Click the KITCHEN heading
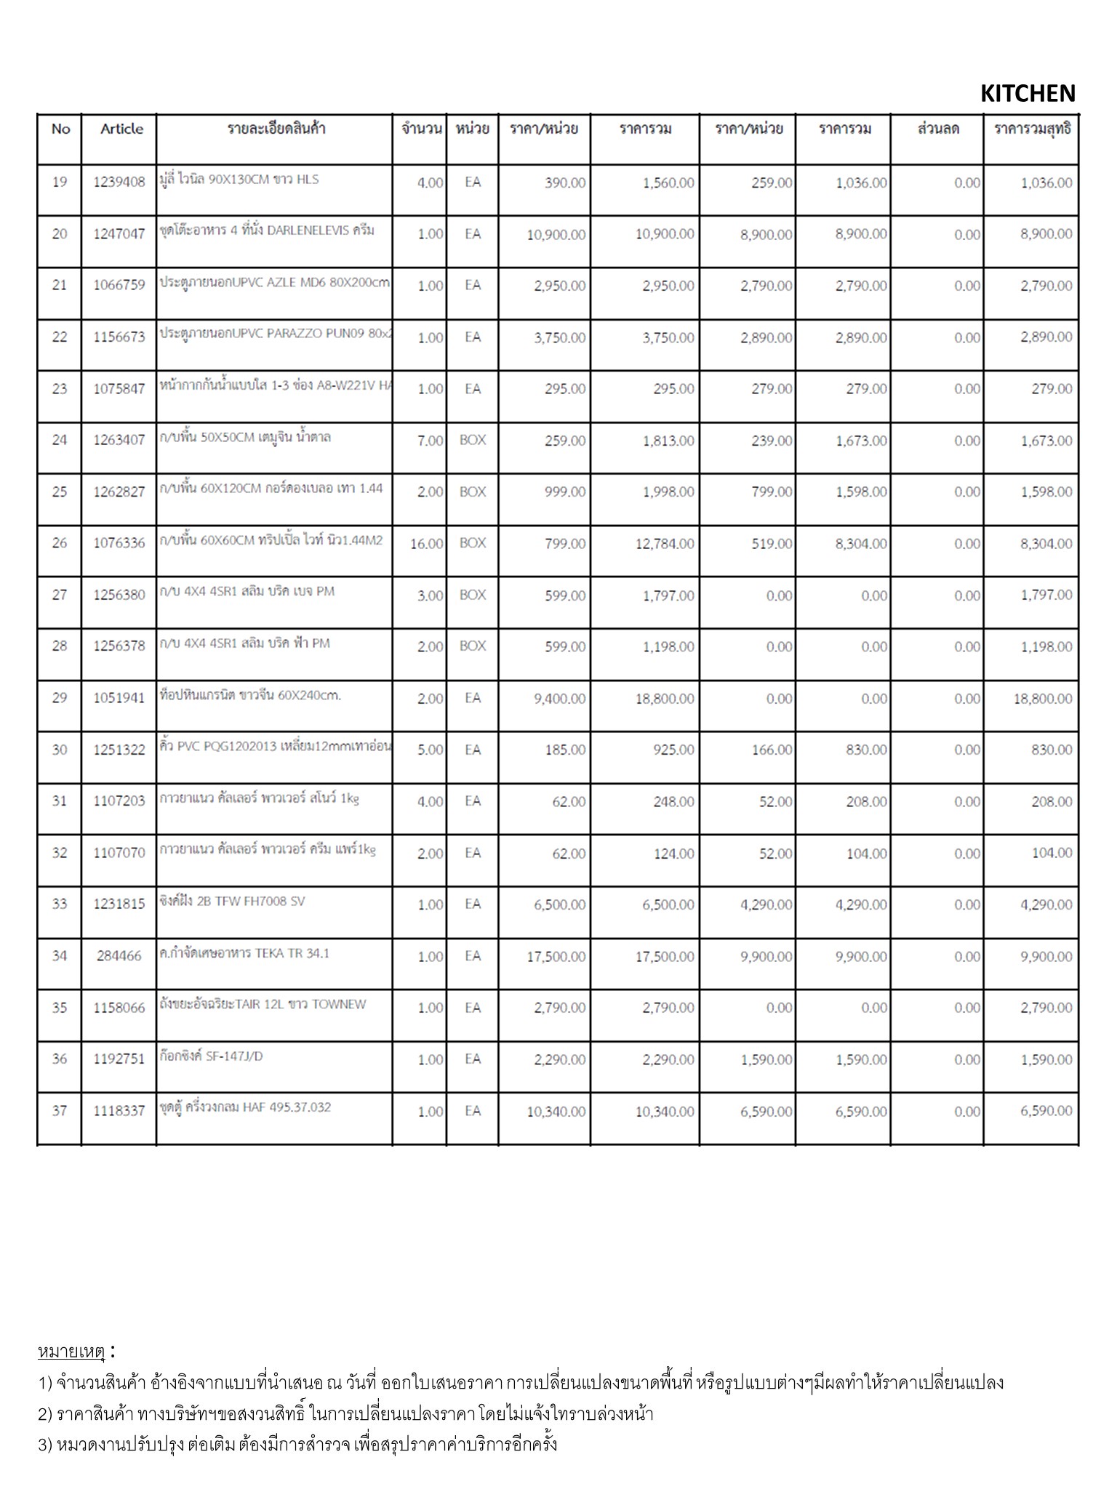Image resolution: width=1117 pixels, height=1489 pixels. pyautogui.click(x=1027, y=94)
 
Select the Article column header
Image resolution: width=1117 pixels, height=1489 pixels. pyautogui.click(x=121, y=129)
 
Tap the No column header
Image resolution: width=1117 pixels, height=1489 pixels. pyautogui.click(x=60, y=129)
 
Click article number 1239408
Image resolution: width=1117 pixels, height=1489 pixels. pyautogui.click(x=119, y=182)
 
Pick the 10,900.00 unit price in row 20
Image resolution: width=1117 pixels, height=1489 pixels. pyautogui.click(x=556, y=234)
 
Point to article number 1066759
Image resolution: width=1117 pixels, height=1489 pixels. pyautogui.click(x=119, y=285)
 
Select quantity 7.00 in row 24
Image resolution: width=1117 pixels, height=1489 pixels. pyautogui.click(x=430, y=441)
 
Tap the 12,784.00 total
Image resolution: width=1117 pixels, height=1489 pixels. pyautogui.click(x=664, y=544)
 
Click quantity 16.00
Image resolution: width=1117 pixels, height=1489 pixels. pyautogui.click(x=426, y=544)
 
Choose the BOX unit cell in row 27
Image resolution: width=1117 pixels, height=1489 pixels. pyautogui.click(x=473, y=595)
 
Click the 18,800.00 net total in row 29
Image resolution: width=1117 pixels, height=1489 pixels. pyautogui.click(x=1042, y=699)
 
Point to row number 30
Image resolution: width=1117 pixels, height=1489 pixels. pyautogui.click(x=60, y=750)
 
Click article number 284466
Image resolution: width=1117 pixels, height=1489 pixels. pyautogui.click(x=119, y=956)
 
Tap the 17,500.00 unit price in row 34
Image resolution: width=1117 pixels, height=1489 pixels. pyautogui.click(x=556, y=957)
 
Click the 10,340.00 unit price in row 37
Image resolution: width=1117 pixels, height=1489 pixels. pyautogui.click(x=556, y=1112)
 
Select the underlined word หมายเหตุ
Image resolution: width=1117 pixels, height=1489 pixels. pyautogui.click(x=71, y=1352)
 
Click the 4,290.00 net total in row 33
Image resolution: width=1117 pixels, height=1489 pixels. pyautogui.click(x=1046, y=905)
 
